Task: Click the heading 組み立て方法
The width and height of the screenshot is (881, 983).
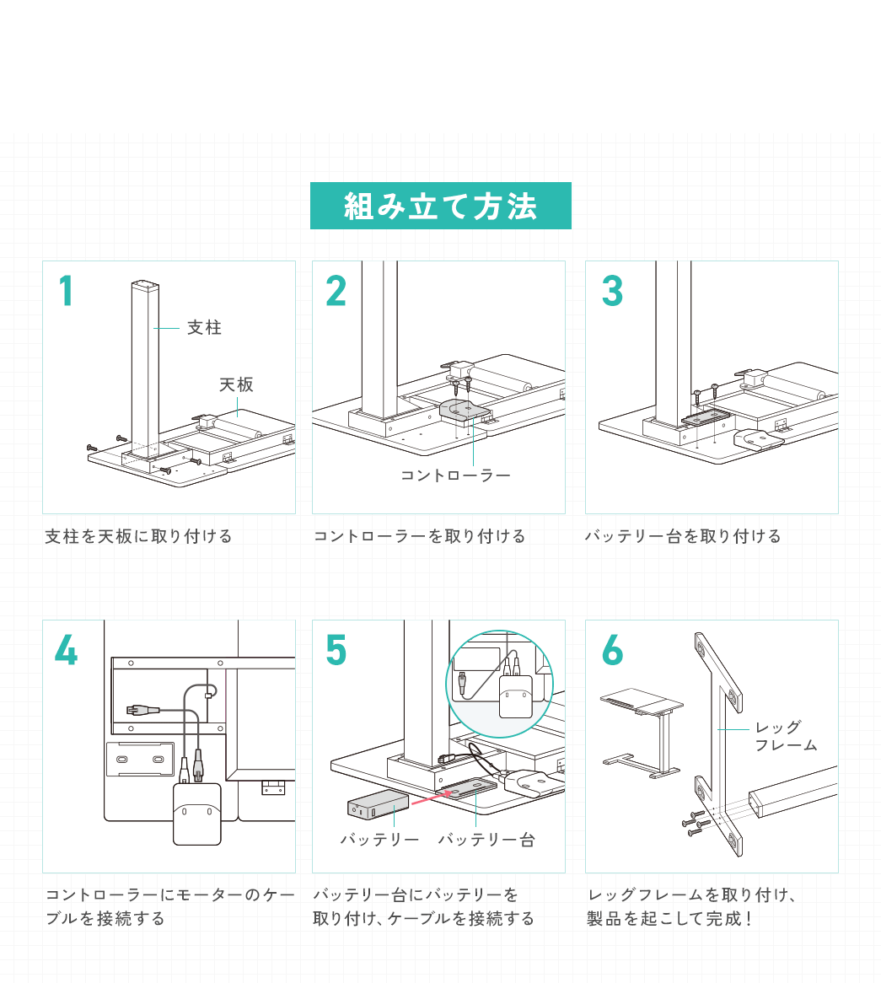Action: coord(440,206)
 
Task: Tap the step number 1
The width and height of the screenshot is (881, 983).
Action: coord(66,291)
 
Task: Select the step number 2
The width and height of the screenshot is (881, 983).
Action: coord(336,291)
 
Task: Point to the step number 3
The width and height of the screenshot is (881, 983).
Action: coord(612,291)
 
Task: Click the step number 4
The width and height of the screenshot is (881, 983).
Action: coord(66,650)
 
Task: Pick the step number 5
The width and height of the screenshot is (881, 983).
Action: coord(336,650)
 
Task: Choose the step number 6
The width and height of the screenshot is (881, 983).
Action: coord(612,650)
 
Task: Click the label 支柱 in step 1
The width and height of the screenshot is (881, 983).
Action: coord(204,327)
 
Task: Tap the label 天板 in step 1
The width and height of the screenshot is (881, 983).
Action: coord(236,384)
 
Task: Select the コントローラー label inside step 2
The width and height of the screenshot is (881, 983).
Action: coord(455,475)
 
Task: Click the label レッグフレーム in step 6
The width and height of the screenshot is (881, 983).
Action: coord(785,736)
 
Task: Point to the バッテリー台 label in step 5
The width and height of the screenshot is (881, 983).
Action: coord(486,840)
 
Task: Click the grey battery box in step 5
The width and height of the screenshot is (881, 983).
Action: coord(378,806)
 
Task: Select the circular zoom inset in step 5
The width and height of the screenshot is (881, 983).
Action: coord(499,684)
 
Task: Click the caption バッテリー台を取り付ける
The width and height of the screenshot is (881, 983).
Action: coord(683,536)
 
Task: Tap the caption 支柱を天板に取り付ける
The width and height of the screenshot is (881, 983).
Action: coord(138,536)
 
